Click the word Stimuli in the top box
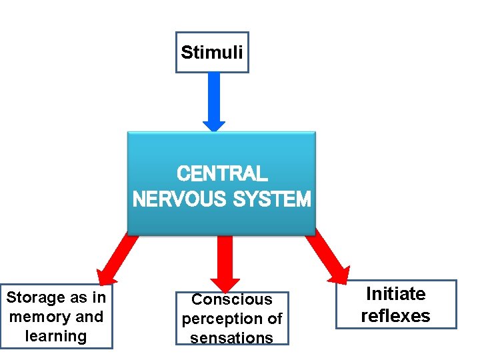pyautogui.click(x=211, y=52)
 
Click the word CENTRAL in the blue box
pyautogui.click(x=222, y=174)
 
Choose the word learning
pyautogui.click(x=56, y=336)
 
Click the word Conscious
pyautogui.click(x=232, y=300)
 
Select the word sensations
pyautogui.click(x=232, y=338)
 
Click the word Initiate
pyautogui.click(x=396, y=294)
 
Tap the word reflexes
pyautogui.click(x=396, y=315)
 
